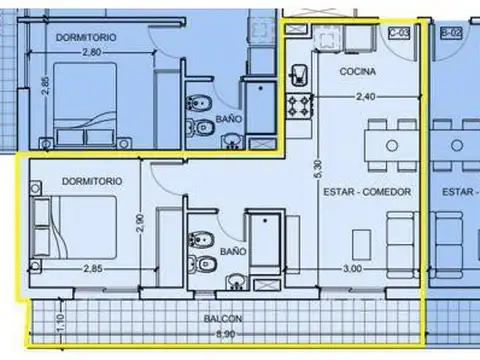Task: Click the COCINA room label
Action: click(357, 72)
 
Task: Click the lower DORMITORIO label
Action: click(91, 182)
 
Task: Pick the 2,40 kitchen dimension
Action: click(369, 97)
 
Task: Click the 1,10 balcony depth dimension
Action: click(33, 321)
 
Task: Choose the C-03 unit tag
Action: click(399, 34)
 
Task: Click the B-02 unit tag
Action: click(451, 34)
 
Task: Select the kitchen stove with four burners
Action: click(298, 105)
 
